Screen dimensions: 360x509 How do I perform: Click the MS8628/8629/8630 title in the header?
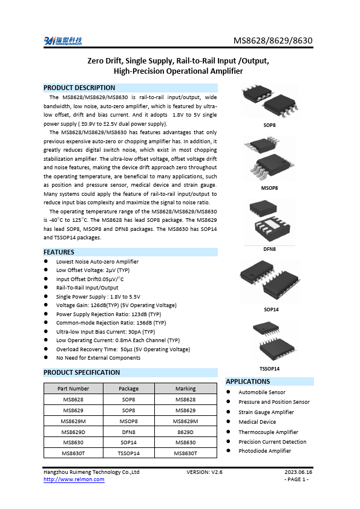click(273, 41)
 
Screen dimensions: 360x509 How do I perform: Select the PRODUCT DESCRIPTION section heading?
click(79, 88)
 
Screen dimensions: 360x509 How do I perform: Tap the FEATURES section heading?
click(59, 252)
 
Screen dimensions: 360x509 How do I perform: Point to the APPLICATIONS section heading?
click(247, 381)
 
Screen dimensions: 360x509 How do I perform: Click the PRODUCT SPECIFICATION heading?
click(82, 372)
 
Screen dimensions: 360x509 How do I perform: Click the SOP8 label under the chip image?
click(269, 125)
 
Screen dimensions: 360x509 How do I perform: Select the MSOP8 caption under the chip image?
click(269, 188)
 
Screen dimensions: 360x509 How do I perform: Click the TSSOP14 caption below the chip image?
click(269, 368)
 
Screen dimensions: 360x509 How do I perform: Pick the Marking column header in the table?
click(185, 389)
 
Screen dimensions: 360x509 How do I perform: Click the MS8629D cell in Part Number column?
click(73, 432)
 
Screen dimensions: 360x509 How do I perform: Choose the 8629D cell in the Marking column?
click(185, 432)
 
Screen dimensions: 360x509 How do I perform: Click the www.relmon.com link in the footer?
click(74, 479)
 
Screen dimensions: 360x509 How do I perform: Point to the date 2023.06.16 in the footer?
click(298, 472)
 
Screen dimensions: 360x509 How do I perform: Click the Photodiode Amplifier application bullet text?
click(264, 451)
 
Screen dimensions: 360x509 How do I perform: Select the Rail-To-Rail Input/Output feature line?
click(87, 288)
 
